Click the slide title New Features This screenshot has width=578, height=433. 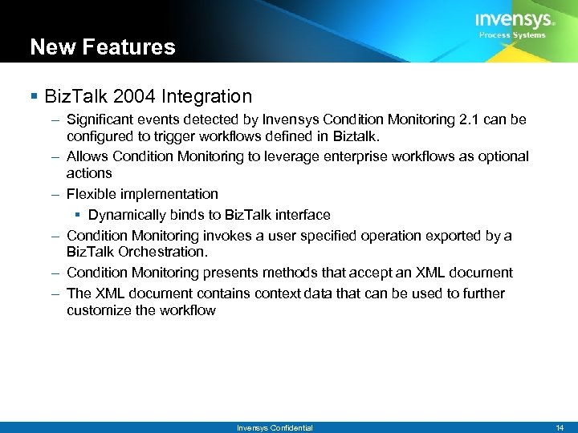point(102,47)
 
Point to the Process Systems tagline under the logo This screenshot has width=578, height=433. point(512,35)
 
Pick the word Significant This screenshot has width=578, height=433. point(100,119)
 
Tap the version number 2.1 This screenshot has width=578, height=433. point(466,119)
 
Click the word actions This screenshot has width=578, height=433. point(89,173)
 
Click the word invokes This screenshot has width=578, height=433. point(226,236)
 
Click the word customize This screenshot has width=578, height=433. point(100,310)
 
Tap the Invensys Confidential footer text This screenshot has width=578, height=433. point(275,427)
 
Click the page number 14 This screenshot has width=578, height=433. point(560,427)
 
